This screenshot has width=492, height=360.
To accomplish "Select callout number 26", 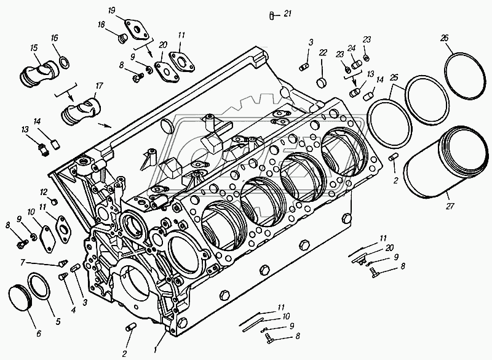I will coord(444,38).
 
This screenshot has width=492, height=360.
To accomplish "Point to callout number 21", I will coord(288,15).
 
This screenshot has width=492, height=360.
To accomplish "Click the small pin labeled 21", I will coord(271,15).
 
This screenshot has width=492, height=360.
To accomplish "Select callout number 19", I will coord(111,11).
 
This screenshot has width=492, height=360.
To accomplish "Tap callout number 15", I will coord(33,48).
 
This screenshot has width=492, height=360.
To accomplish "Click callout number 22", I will coord(322,54).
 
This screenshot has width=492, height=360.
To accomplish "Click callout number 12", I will coord(44,191).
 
